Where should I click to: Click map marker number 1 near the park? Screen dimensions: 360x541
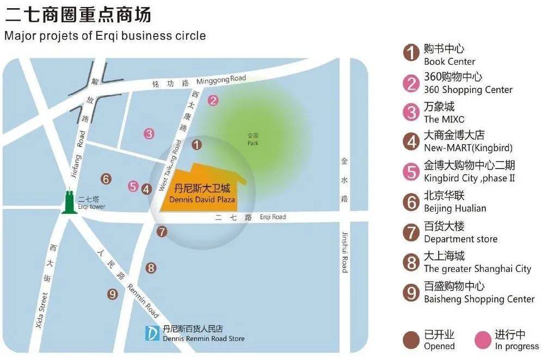(197, 144)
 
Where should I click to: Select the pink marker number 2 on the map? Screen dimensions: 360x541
(213, 100)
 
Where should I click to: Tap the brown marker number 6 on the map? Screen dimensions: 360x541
(107, 178)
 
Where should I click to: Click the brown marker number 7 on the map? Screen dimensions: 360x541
(162, 232)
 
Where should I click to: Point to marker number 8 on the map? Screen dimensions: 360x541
(151, 268)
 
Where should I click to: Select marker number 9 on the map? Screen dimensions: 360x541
(113, 294)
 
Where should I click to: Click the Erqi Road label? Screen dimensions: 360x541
(273, 217)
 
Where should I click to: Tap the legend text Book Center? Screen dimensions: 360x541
(449, 61)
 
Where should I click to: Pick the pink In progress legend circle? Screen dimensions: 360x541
(483, 340)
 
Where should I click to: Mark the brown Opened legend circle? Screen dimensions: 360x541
(411, 340)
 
